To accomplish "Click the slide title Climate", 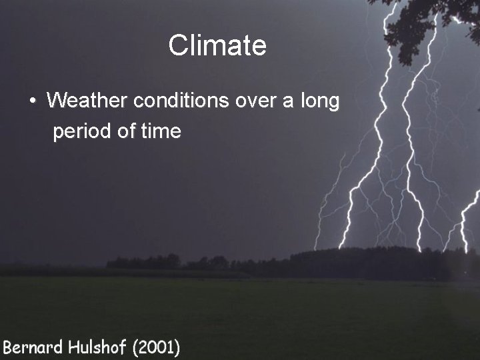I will click(x=217, y=45).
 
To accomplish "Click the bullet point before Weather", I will click(x=32, y=102).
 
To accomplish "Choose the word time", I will click(x=161, y=131).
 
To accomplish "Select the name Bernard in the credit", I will click(x=32, y=347).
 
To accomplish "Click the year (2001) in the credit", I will click(x=155, y=347).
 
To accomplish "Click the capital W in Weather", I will click(x=56, y=101).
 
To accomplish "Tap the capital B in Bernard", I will click(x=7, y=347).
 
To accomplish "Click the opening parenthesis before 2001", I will click(x=134, y=347).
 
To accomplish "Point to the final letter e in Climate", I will click(x=259, y=47).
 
